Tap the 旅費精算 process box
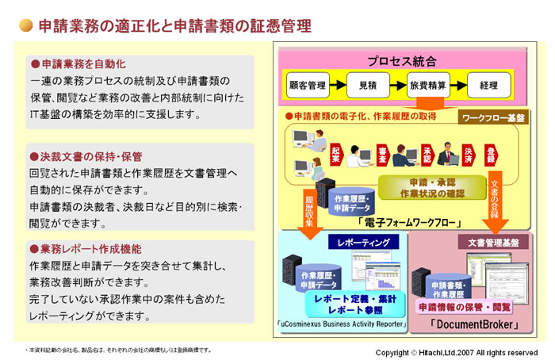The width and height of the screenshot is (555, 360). click(x=428, y=84)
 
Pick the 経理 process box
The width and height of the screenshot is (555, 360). click(x=488, y=84)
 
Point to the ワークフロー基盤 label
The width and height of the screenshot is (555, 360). click(x=492, y=117)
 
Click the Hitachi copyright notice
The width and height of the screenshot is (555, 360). click(x=456, y=352)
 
